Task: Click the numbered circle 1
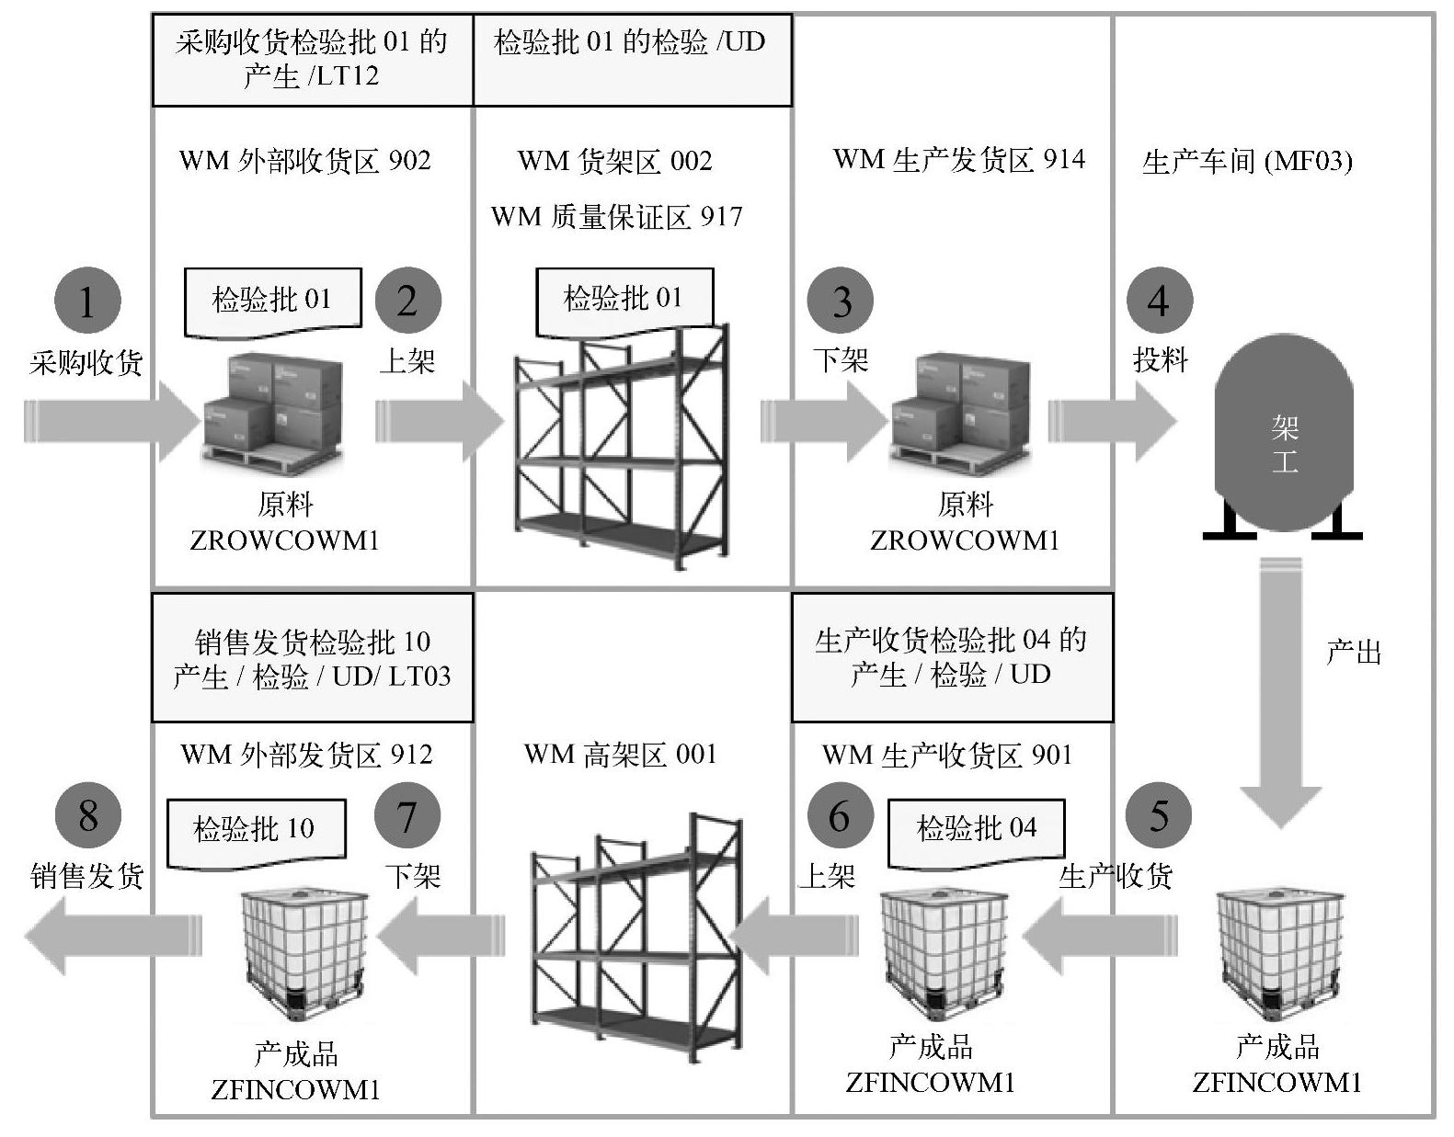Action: [87, 301]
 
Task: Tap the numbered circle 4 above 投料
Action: [1159, 301]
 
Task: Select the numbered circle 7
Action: [407, 815]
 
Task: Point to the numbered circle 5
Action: [1159, 815]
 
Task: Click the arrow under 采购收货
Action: [110, 422]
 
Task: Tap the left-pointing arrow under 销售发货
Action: [110, 935]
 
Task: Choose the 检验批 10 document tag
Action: [255, 831]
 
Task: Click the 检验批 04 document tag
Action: [976, 829]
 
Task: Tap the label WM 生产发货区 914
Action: [958, 160]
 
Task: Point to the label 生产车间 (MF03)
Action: [1247, 162]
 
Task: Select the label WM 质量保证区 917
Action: [616, 217]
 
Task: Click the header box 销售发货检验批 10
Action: [312, 658]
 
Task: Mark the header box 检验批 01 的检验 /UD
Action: [631, 60]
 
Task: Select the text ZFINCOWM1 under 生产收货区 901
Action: [930, 1082]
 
